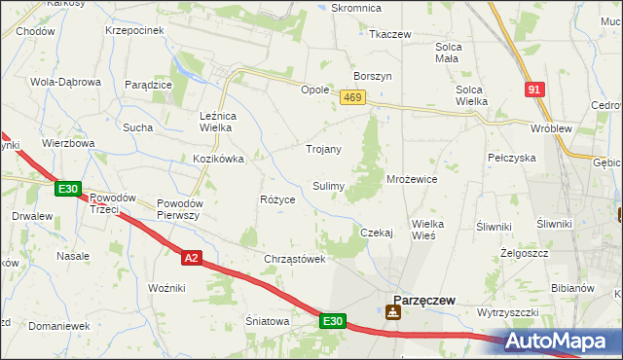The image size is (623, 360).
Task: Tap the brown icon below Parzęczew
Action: pyautogui.click(x=392, y=312)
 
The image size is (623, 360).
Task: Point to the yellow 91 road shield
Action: pyautogui.click(x=532, y=90)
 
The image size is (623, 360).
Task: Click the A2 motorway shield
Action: pyautogui.click(x=192, y=257)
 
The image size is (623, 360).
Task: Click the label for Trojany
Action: pyautogui.click(x=323, y=149)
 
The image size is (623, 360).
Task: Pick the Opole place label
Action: pyautogui.click(x=314, y=90)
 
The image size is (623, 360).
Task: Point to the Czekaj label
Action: pyautogui.click(x=376, y=233)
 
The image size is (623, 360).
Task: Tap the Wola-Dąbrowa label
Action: pyautogui.click(x=66, y=82)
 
